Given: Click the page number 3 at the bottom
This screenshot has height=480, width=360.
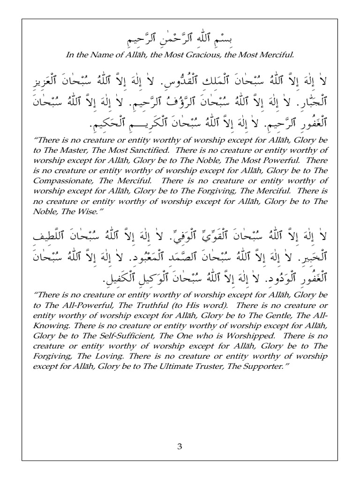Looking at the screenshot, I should [179, 446].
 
